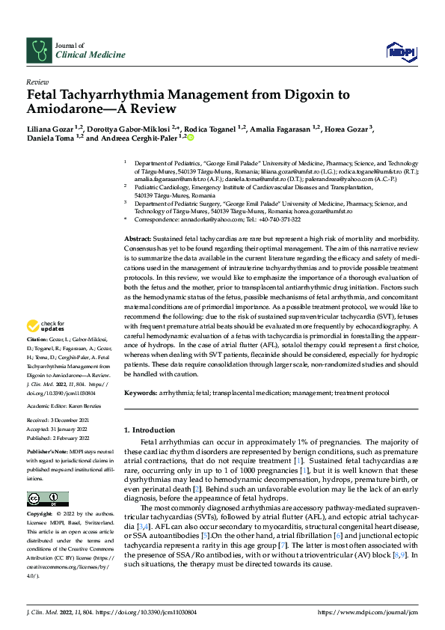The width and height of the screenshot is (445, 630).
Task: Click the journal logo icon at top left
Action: [38, 50]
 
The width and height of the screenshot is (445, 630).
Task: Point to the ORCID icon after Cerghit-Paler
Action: [191, 138]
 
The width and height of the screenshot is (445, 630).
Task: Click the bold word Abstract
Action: [138, 237]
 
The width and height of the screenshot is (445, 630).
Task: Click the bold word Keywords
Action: [140, 392]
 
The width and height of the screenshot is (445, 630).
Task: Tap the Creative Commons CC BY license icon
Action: [43, 498]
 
